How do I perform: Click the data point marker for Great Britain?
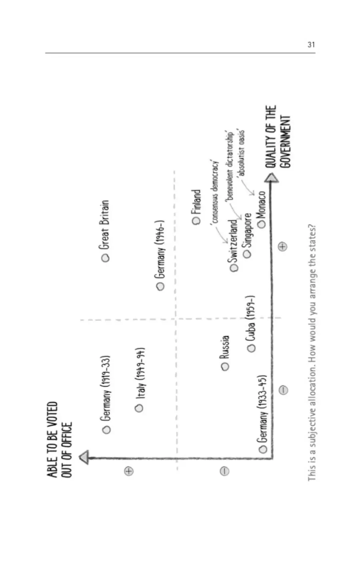[x=105, y=258]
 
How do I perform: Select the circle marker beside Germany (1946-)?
[x=160, y=286]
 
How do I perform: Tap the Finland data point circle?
[x=196, y=220]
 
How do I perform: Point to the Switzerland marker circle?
[x=234, y=268]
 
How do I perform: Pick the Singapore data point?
[x=247, y=254]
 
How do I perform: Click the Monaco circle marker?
[x=262, y=224]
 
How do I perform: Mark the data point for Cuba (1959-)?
[x=251, y=348]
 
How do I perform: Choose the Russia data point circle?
[x=225, y=367]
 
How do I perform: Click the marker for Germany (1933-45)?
[x=263, y=449]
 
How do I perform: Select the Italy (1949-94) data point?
[x=139, y=408]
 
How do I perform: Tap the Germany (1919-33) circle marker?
[x=106, y=430]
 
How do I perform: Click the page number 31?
[x=311, y=45]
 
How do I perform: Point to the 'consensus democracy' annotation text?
[x=215, y=192]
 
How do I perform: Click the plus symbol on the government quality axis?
[x=282, y=246]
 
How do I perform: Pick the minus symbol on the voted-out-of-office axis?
[x=224, y=471]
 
